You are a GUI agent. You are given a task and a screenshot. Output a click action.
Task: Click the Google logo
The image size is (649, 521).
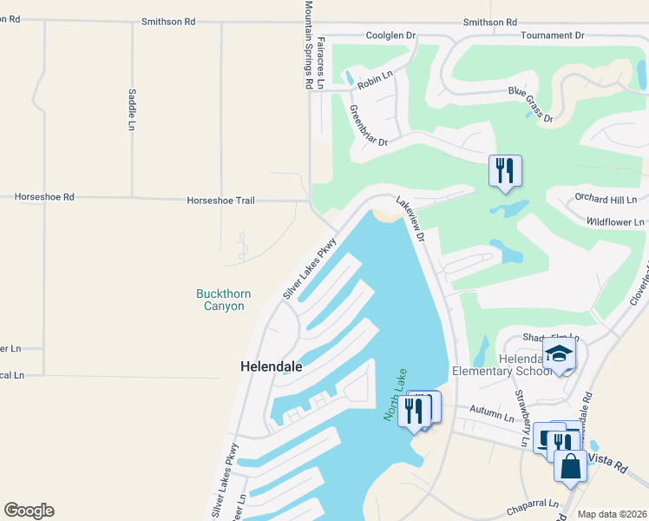[29, 511]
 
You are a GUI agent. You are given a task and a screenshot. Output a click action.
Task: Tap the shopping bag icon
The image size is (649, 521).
[571, 466]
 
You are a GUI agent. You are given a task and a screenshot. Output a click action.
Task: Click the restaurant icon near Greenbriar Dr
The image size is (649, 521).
[505, 169]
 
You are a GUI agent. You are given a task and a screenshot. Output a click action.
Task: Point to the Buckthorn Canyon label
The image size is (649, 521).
[223, 300]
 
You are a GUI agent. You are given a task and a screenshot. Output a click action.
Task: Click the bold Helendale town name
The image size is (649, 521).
[271, 367]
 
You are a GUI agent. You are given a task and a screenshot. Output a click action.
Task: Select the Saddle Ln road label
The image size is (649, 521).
[132, 109]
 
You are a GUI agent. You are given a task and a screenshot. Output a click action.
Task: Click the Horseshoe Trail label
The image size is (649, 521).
[220, 201]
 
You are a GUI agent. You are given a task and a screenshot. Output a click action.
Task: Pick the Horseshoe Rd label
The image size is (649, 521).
[44, 197]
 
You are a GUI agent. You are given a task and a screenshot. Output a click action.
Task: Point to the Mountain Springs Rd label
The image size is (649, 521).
[308, 45]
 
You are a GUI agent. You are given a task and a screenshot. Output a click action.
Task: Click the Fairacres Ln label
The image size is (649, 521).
[321, 63]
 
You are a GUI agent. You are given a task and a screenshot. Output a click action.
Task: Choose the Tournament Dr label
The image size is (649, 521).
[553, 36]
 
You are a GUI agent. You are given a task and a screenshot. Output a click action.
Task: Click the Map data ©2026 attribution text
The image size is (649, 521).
[612, 514]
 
